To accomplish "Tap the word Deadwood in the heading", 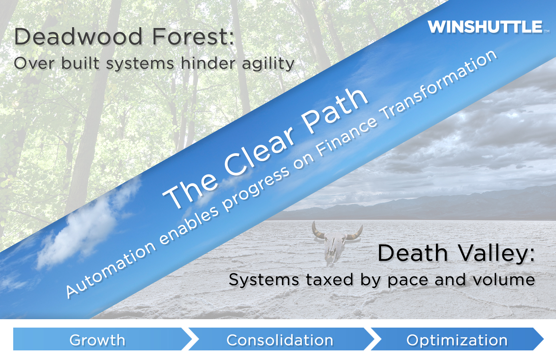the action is (78, 36).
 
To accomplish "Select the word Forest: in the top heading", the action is (193, 36).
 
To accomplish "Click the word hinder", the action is (208, 63).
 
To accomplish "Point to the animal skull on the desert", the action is (336, 242).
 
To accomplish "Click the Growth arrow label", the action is (97, 340).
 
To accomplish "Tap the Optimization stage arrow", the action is (457, 339).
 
